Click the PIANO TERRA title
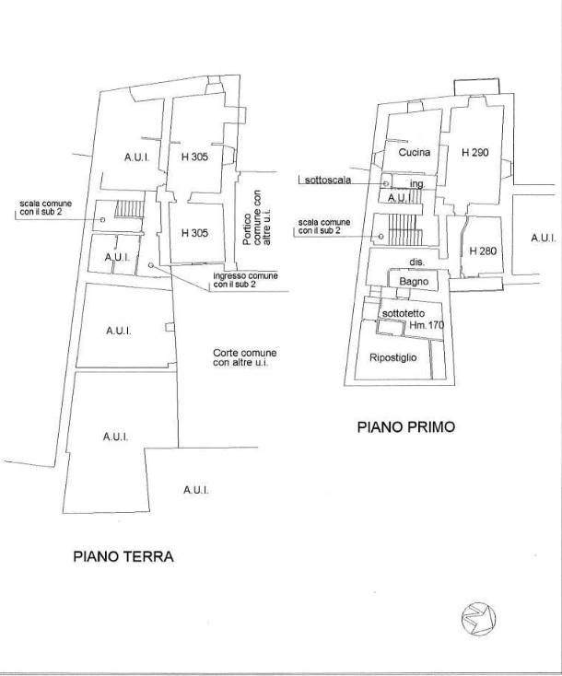coord(123,556)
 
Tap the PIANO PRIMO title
coord(406,426)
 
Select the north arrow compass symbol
coord(478,618)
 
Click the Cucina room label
coord(415,152)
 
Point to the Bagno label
coord(414,282)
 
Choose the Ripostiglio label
coord(393,357)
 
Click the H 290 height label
coord(474,152)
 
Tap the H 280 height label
coord(483,251)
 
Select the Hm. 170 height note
coord(427,325)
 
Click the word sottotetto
coord(404,313)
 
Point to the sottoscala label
coord(328,180)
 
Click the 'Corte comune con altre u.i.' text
coord(245,358)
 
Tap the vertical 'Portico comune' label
coord(257,217)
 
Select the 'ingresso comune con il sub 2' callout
coord(245,280)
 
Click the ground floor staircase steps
coord(129,209)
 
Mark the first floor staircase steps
coord(404,230)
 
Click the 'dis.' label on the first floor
coord(417,262)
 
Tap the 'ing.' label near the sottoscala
coord(417,184)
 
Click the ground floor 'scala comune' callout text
coord(46,207)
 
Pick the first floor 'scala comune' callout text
coord(324,227)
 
